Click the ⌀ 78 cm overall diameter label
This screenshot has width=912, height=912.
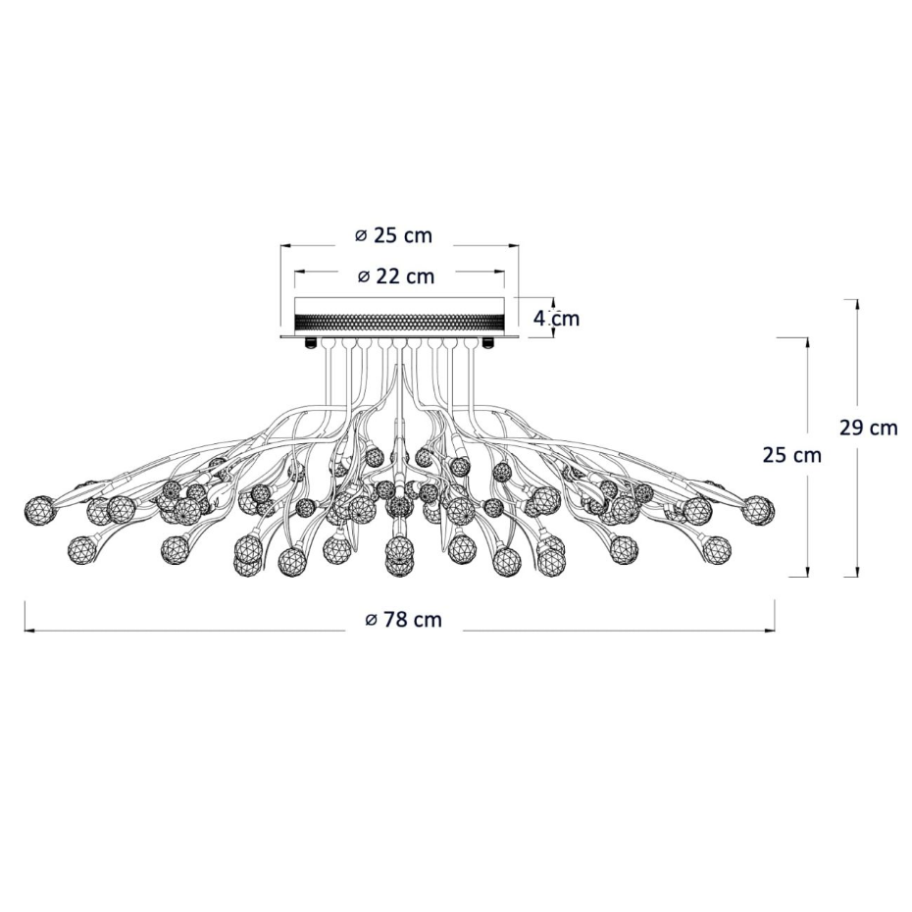pos(403,620)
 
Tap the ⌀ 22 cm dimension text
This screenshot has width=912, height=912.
pos(396,277)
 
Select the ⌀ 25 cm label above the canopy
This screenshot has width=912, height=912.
pos(394,235)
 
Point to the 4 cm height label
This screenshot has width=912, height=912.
pos(556,318)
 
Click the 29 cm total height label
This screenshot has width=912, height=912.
pos(869,429)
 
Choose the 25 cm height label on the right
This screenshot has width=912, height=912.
pos(791,455)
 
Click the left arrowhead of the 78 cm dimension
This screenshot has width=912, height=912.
pos(29,630)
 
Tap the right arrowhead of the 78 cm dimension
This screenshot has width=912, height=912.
pos(770,630)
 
